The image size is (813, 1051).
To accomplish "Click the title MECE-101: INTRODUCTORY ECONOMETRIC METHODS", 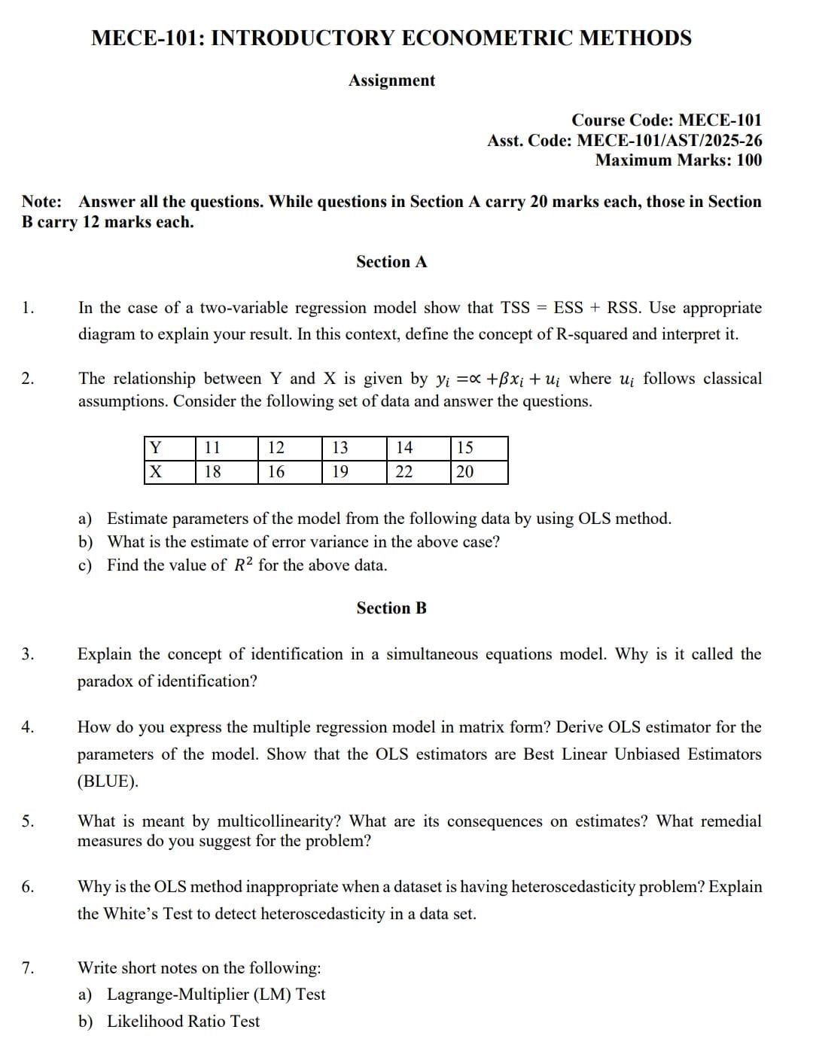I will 391,38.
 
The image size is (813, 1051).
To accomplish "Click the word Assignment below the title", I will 391,81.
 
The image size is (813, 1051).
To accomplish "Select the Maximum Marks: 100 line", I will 677,160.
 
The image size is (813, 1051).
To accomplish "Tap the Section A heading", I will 391,262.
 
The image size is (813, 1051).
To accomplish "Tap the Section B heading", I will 391,608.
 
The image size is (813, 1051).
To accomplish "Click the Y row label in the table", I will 155,448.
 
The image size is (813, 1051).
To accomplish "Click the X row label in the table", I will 155,472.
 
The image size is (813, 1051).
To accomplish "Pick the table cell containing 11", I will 213,448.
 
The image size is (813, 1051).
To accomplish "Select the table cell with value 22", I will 404,472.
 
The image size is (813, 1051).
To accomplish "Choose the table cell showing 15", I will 465,448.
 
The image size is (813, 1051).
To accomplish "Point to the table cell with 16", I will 276,472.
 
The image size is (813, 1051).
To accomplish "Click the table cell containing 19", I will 340,472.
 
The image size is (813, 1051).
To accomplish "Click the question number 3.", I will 28,654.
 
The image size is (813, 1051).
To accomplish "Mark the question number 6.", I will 28,887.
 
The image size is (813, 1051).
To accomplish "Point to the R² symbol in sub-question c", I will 242,565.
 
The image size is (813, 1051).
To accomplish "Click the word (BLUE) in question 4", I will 108,781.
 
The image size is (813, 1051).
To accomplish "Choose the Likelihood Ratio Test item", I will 183,1022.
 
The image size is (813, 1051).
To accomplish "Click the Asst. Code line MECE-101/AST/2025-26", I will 624,140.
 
